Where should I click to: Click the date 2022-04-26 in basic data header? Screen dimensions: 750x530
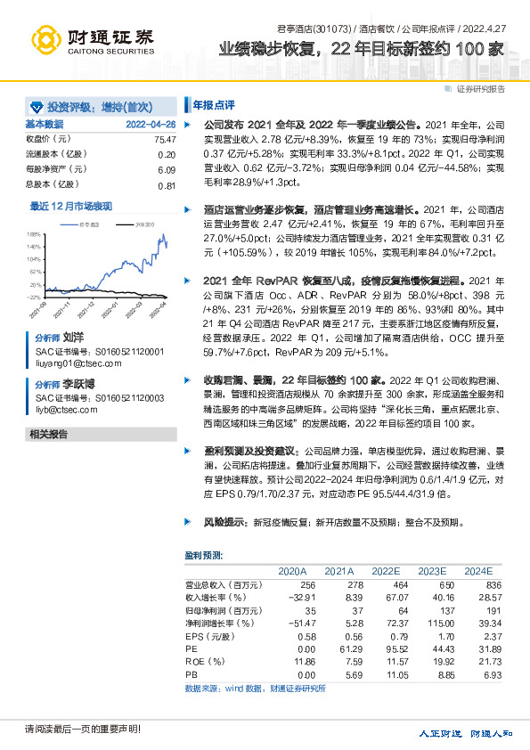coord(151,124)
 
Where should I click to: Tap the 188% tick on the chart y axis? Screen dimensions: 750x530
coord(33,232)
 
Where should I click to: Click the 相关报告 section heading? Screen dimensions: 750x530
coord(48,434)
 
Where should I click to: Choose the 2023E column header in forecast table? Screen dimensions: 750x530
coord(432,570)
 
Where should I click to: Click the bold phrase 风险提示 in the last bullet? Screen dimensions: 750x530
coord(224,523)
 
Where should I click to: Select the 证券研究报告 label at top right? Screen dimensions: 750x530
coord(480,88)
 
